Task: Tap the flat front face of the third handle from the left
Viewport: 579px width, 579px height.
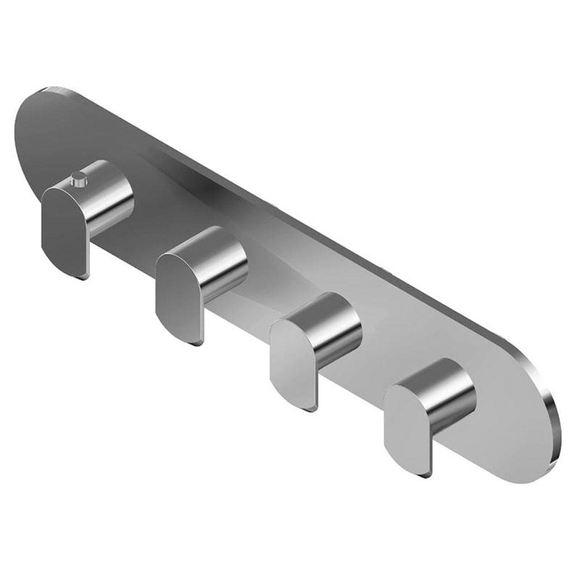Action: click(x=292, y=360)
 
